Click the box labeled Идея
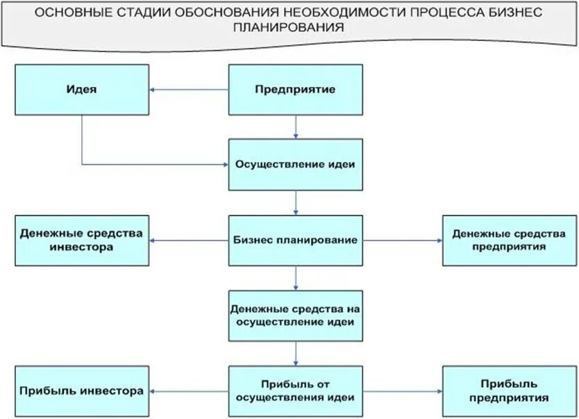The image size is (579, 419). point(82,90)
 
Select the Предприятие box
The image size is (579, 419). point(296,90)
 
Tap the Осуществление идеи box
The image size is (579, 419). point(296,165)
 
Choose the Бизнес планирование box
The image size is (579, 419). point(296,240)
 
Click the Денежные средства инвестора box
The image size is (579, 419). point(82,240)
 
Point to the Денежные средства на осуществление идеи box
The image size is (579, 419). point(296,315)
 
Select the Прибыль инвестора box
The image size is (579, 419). point(82,391)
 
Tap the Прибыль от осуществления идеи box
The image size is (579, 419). point(296,391)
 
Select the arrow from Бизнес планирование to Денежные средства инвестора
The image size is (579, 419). point(189,240)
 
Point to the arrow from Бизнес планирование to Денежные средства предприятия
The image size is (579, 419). point(403,240)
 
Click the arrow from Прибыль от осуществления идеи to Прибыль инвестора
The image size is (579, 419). point(189,391)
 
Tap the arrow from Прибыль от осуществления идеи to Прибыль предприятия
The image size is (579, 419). point(403,391)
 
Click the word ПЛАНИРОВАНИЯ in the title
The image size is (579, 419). point(289,27)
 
